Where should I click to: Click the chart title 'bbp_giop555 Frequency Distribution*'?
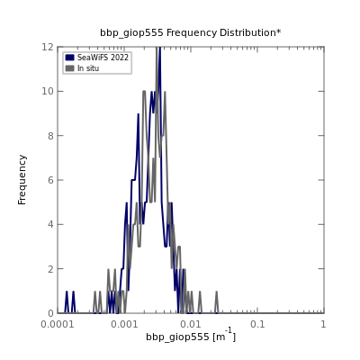[191, 32]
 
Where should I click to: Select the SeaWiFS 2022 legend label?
[103, 58]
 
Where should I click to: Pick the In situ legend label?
[88, 68]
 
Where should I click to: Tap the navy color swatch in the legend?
[69, 58]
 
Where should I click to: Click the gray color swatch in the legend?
[69, 68]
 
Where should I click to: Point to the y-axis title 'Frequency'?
[22, 180]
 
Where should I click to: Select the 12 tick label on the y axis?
[48, 47]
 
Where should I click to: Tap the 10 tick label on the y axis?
[48, 91]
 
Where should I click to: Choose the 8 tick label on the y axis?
[51, 136]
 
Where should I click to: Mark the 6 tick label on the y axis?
[51, 180]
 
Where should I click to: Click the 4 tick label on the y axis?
[51, 224]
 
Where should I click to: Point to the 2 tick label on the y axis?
[51, 269]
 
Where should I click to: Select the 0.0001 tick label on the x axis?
[58, 324]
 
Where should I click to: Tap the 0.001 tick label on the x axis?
[124, 324]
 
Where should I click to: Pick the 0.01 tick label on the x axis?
[191, 324]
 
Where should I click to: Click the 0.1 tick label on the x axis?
[257, 324]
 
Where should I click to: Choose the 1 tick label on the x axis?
[323, 324]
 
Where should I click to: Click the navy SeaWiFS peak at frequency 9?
[139, 114]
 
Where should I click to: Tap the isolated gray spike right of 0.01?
[216, 301]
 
